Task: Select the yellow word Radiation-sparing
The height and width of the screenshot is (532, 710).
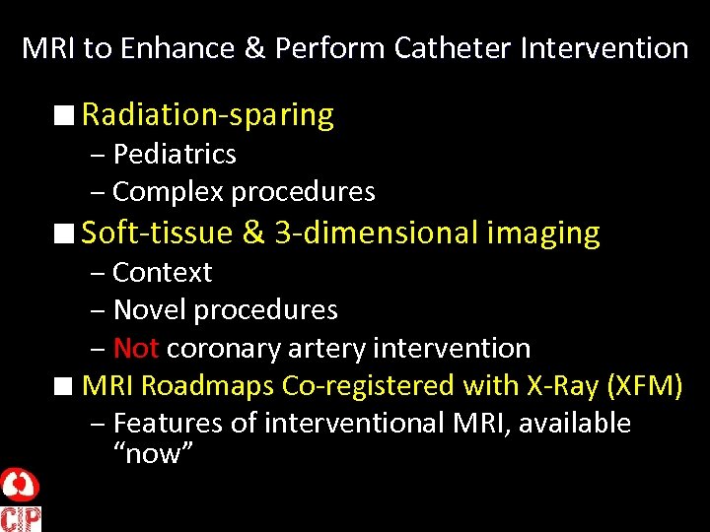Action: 207,115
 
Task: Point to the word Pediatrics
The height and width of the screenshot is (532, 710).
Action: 175,155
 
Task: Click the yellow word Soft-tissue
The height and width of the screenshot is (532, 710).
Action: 158,233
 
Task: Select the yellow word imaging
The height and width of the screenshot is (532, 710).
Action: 543,233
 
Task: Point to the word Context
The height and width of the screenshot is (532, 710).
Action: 163,272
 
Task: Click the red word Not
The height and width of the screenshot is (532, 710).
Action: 136,348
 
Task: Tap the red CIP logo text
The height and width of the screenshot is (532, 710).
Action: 20,518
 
